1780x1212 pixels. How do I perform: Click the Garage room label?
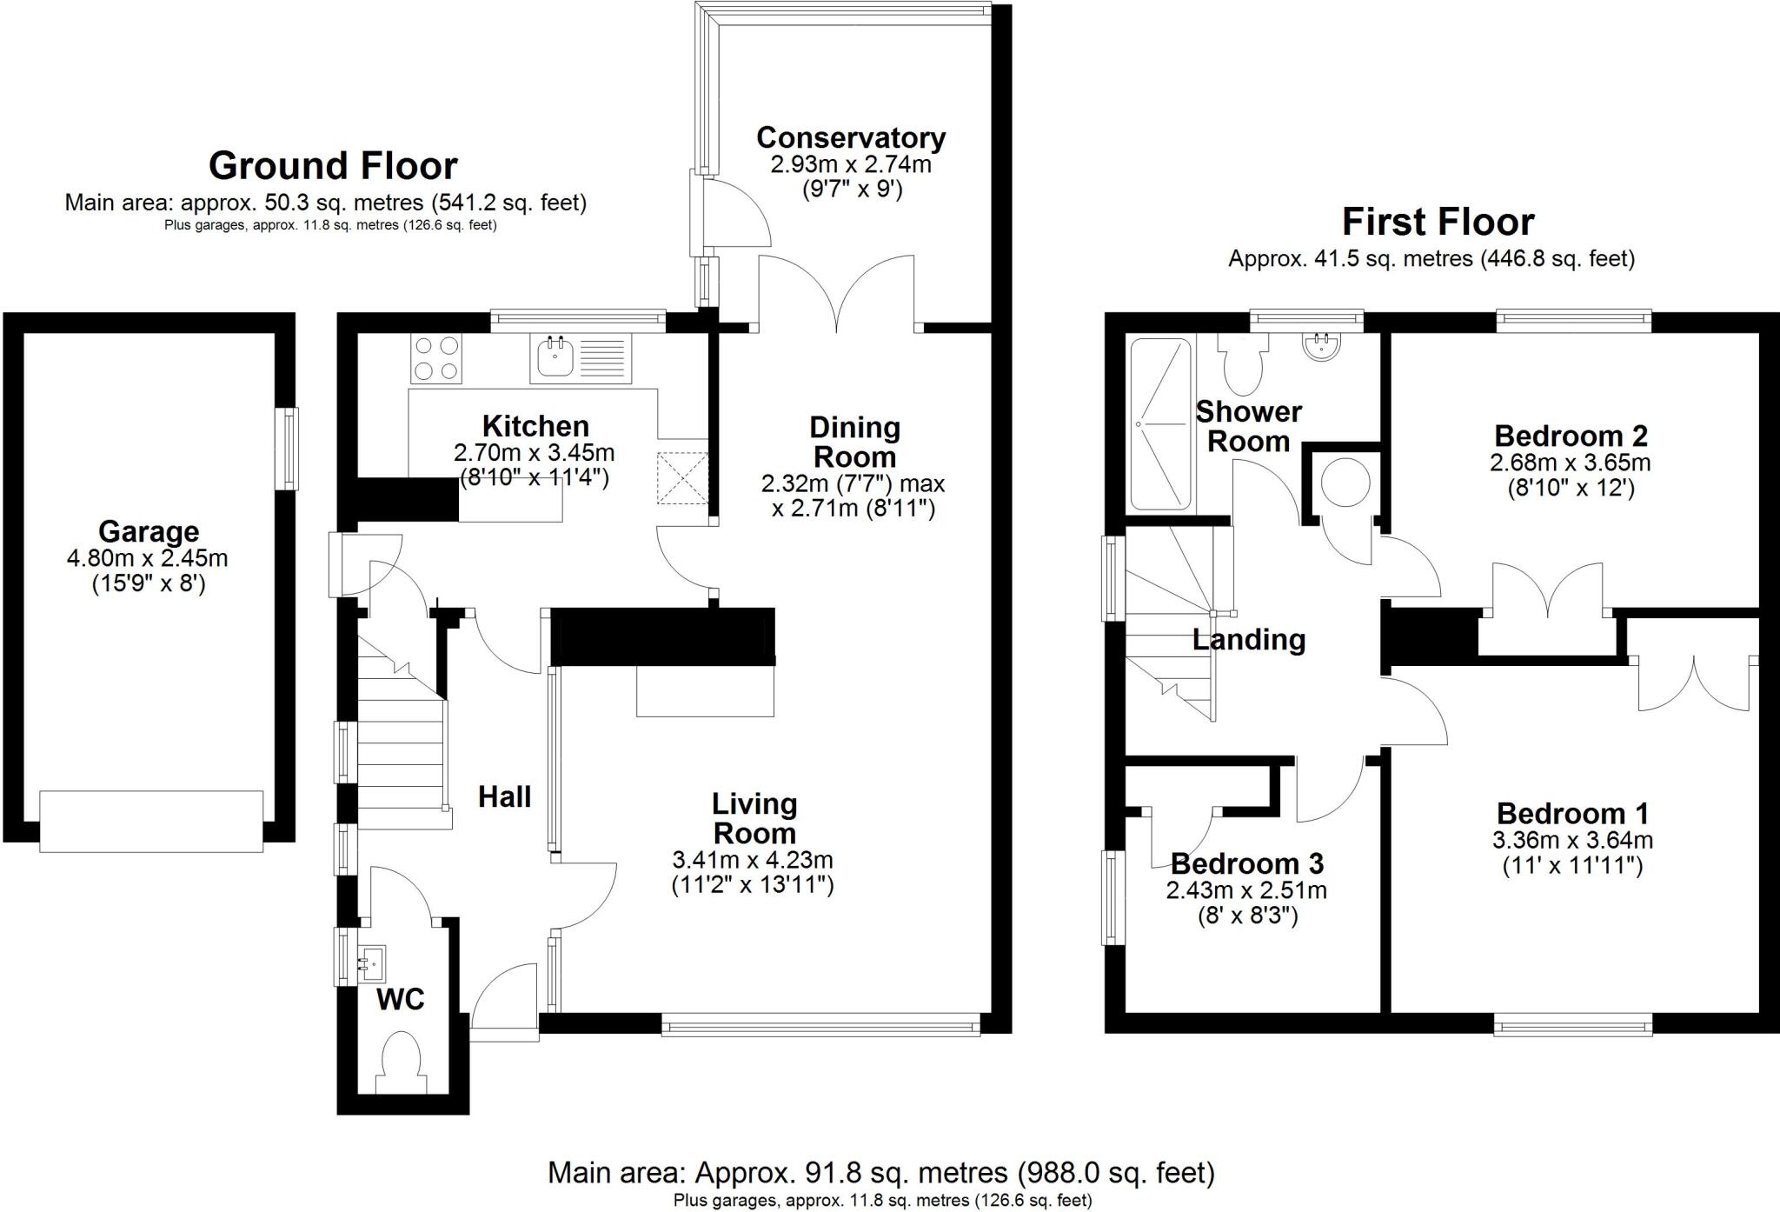coord(149,531)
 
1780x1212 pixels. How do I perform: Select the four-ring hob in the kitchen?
coord(435,357)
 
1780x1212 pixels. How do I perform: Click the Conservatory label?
coord(851,137)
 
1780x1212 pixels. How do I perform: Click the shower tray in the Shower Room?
coord(1159,423)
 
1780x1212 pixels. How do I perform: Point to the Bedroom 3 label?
coord(1247,863)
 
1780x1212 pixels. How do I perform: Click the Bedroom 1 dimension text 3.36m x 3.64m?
coord(1572,841)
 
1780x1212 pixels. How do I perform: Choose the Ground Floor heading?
coord(333,165)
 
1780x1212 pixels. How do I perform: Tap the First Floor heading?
coord(1438,222)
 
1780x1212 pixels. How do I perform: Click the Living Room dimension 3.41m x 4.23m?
coord(753,861)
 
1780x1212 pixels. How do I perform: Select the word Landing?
coord(1249,640)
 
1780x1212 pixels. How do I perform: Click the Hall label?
coord(504,796)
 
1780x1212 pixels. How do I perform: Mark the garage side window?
coord(287,450)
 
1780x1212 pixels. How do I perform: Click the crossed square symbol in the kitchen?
coord(683,477)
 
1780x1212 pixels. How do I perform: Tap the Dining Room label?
coord(854,442)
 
